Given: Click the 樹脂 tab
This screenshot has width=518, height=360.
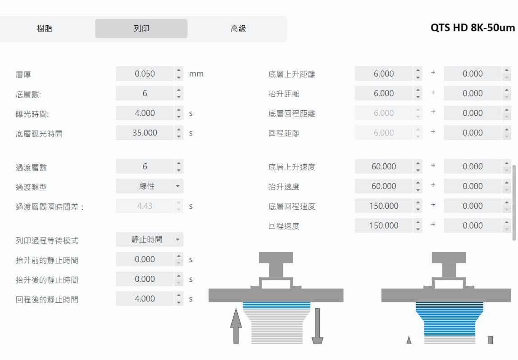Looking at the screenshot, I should (45, 29).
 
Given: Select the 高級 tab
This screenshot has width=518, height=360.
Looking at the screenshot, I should (238, 29).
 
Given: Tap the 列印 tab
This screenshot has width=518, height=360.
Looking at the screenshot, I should (141, 29).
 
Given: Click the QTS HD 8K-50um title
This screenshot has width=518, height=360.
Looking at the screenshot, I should (473, 27).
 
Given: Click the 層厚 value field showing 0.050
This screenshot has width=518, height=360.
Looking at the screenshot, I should (145, 74).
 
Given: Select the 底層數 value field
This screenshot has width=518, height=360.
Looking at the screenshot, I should (145, 94).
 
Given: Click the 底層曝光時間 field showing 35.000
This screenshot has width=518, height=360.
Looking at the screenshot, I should (145, 133).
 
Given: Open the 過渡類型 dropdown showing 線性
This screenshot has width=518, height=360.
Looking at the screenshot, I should (150, 186).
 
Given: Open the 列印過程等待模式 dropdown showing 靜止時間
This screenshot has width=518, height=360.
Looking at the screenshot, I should (150, 240).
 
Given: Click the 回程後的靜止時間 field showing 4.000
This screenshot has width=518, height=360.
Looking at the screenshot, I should (145, 299).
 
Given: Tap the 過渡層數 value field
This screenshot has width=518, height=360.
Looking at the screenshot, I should (145, 166).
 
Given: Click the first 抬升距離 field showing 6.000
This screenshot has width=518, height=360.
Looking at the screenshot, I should (383, 94).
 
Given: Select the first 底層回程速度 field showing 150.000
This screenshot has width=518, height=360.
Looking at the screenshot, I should (383, 206).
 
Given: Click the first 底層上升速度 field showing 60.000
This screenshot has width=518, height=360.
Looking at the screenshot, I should (383, 166).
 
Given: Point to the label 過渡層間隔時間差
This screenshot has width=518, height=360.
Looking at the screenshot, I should (50, 207).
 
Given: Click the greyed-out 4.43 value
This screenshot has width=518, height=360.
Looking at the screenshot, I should (145, 206).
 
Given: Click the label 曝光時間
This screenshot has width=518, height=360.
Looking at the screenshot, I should (32, 114).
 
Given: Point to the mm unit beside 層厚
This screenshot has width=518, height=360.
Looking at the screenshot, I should (196, 74).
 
